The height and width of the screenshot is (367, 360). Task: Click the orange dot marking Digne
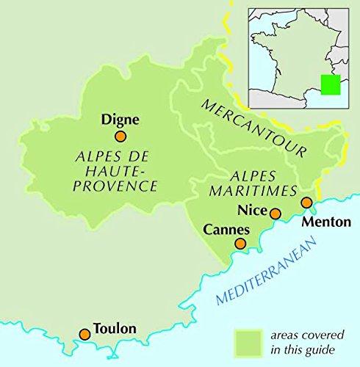[120, 136]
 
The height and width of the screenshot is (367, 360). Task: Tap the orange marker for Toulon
[84, 334]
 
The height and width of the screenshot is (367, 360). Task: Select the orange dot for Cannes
[240, 244]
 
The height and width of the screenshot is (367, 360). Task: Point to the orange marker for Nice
[275, 214]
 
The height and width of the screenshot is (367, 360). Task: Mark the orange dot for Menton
[307, 203]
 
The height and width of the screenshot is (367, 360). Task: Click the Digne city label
[120, 120]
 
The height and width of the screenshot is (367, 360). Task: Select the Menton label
[322, 222]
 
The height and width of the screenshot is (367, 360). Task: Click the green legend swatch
[248, 341]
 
